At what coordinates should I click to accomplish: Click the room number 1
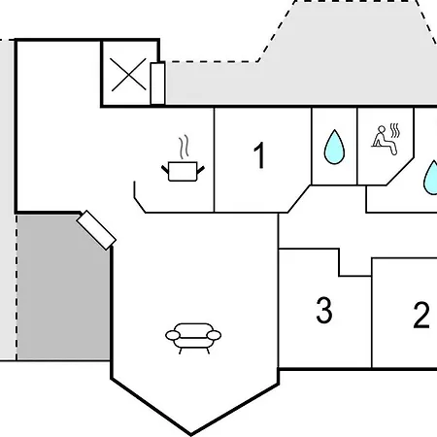pyautogui.click(x=259, y=155)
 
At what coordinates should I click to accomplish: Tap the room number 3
pyautogui.click(x=324, y=310)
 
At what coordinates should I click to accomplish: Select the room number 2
pyautogui.click(x=421, y=315)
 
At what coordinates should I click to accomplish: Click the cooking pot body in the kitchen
pyautogui.click(x=183, y=171)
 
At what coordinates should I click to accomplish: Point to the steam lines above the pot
pyautogui.click(x=185, y=148)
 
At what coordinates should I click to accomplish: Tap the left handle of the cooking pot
pyautogui.click(x=165, y=169)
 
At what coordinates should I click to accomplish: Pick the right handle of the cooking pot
pyautogui.click(x=201, y=170)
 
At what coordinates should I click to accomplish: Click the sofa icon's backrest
pyautogui.click(x=193, y=326)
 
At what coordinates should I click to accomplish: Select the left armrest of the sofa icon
pyautogui.click(x=173, y=335)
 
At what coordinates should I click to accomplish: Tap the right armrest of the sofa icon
pyautogui.click(x=214, y=335)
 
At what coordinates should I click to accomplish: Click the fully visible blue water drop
pyautogui.click(x=334, y=148)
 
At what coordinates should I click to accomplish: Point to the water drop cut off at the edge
pyautogui.click(x=431, y=178)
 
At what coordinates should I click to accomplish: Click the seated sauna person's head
pyautogui.click(x=382, y=129)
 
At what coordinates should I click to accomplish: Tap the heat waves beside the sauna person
pyautogui.click(x=395, y=130)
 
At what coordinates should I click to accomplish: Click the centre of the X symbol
pyautogui.click(x=128, y=75)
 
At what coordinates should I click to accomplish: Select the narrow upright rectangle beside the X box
pyautogui.click(x=157, y=84)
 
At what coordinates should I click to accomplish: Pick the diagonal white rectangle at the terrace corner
pyautogui.click(x=96, y=230)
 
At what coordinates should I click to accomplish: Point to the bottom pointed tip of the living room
pyautogui.click(x=191, y=434)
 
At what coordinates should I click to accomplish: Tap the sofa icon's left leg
pyautogui.click(x=180, y=351)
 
